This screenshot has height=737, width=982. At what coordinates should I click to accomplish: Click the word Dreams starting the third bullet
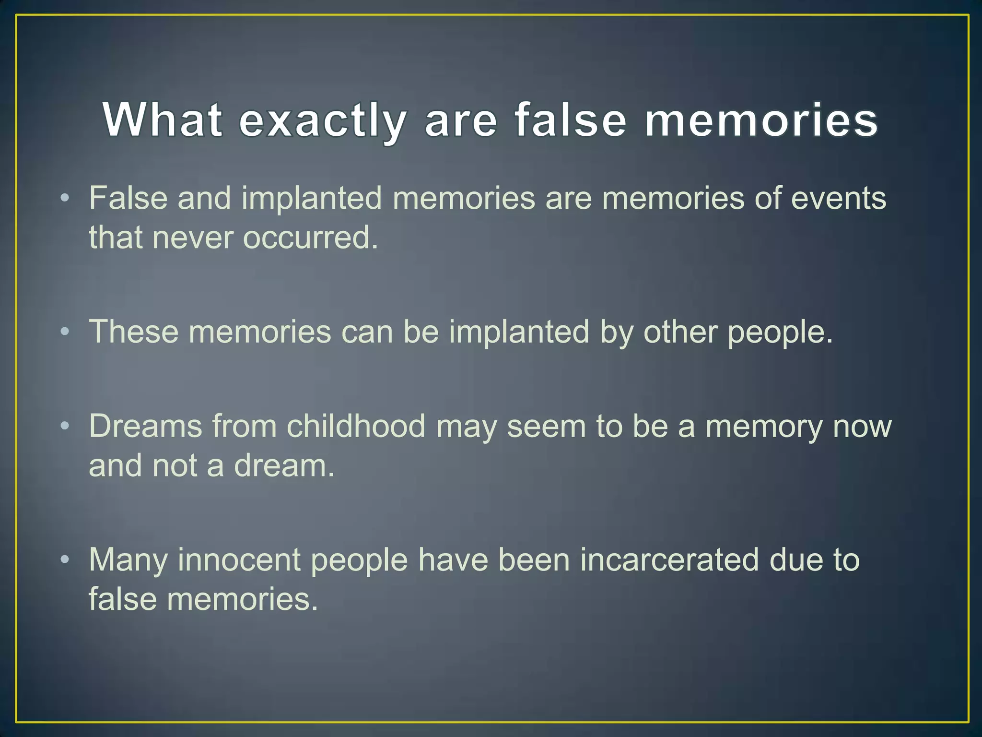click(x=145, y=426)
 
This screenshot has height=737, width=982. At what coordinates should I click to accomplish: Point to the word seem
click(x=546, y=426)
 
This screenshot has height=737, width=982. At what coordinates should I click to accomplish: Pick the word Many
click(x=128, y=560)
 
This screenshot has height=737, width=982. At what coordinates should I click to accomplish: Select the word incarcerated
click(x=669, y=560)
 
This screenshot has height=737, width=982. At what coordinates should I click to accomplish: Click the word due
click(x=797, y=560)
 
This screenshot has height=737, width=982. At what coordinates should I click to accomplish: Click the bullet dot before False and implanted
click(x=65, y=198)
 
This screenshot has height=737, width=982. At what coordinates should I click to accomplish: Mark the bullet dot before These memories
click(x=65, y=332)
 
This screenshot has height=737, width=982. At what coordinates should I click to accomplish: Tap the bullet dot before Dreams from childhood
click(x=65, y=426)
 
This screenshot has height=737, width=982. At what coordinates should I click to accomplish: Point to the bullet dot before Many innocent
click(x=65, y=560)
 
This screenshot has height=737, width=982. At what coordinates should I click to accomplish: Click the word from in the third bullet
click(x=244, y=426)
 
